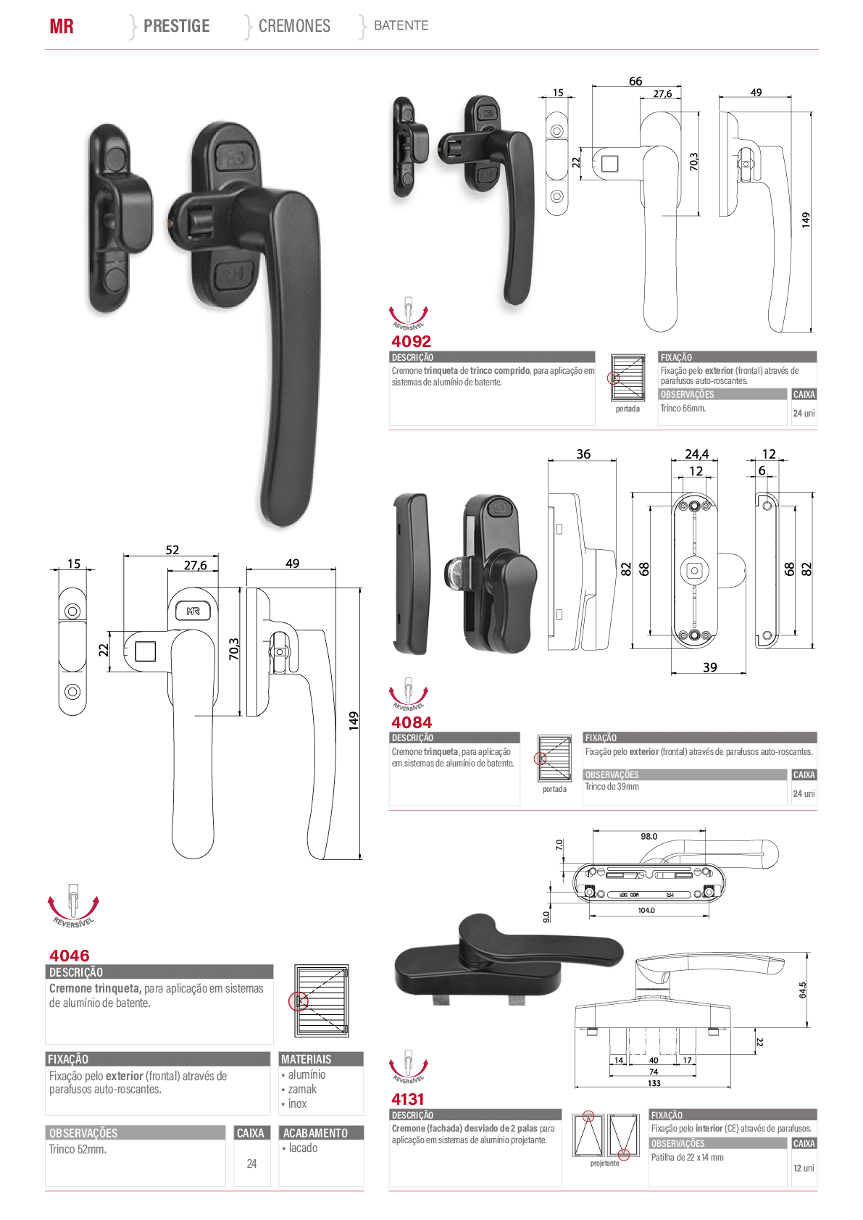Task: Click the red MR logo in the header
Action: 62,26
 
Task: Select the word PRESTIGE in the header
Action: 177,26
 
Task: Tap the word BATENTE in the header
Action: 401,25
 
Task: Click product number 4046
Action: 69,956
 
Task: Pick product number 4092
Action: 412,341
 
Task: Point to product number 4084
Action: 412,722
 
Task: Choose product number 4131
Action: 407,1099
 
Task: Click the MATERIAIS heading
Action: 307,1059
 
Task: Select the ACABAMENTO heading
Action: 315,1133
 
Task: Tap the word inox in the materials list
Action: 298,1103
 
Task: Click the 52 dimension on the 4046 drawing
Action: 172,550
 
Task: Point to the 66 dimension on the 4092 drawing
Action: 635,81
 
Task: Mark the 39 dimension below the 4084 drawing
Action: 709,667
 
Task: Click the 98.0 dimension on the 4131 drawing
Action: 649,837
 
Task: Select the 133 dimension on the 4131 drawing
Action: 654,1083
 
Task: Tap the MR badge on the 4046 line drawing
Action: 193,611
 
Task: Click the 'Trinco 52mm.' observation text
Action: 78,1149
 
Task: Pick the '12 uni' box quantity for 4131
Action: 804,1168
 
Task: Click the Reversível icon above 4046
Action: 73,906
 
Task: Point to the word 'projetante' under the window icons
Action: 605,1163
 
